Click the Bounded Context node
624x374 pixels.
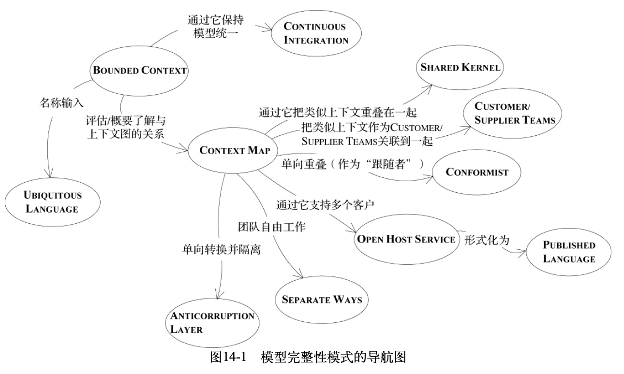[x=139, y=71]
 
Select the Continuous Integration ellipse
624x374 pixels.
[x=316, y=33]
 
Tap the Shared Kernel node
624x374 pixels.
[x=460, y=67]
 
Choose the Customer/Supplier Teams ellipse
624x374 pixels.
[x=513, y=113]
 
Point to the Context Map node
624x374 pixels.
[x=233, y=150]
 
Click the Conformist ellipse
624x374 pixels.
[x=476, y=172]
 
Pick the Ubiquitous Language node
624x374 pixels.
[x=52, y=202]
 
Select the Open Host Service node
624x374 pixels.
[x=406, y=239]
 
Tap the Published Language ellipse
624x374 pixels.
[x=568, y=252]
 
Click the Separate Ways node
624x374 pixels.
[x=322, y=300]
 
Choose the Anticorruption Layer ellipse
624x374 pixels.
[x=214, y=323]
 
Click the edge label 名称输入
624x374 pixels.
[x=61, y=103]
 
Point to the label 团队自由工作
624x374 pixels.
[x=271, y=227]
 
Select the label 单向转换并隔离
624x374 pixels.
[x=222, y=249]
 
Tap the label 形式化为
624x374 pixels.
[x=487, y=240]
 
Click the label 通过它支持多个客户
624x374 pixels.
[x=325, y=205]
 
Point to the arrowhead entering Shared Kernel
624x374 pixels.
[x=428, y=89]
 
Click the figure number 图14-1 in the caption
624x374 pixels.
[x=228, y=357]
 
